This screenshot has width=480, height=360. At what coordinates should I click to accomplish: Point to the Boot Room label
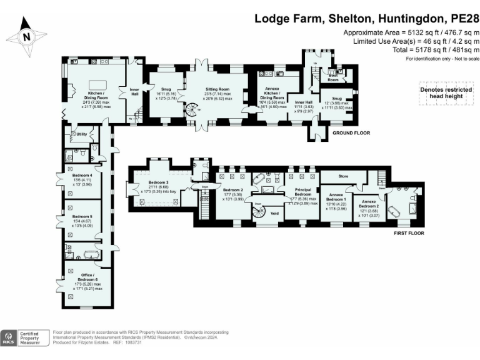(x=333, y=79)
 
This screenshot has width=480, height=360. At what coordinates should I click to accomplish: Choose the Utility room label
(x=81, y=134)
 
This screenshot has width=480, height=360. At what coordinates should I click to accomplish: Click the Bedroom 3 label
(x=159, y=186)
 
